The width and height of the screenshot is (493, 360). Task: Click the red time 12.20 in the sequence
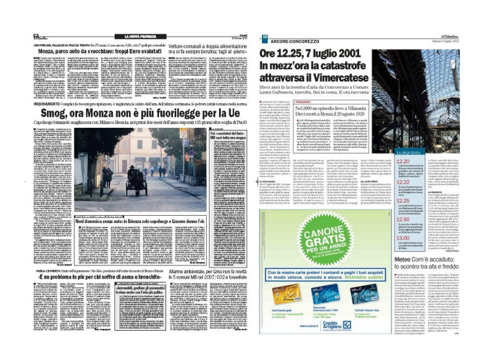click(387, 161)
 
